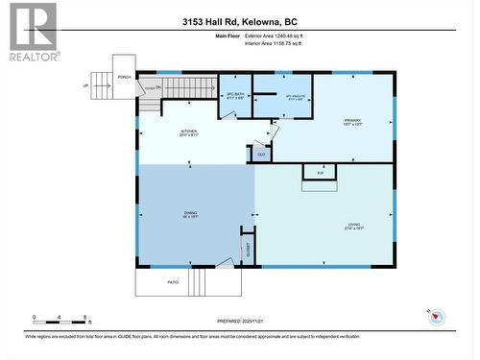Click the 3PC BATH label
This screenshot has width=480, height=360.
[x=235, y=95]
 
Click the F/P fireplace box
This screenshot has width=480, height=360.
[x=319, y=173]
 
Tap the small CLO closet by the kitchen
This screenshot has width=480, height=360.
[x=260, y=152]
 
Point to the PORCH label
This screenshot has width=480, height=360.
[x=124, y=77]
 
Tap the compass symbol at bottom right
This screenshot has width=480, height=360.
[x=436, y=316]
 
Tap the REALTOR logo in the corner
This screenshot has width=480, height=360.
[x=33, y=32]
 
